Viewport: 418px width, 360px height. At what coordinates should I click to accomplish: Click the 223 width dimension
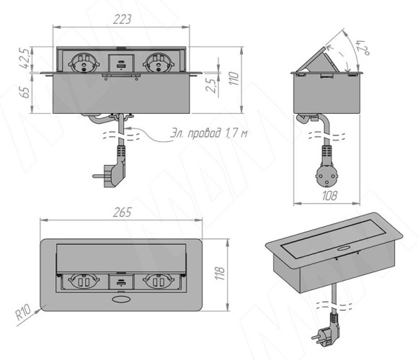click(122, 19)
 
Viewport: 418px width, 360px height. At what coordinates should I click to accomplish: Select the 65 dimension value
click(26, 92)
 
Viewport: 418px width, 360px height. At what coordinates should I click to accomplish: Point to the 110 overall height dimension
click(234, 78)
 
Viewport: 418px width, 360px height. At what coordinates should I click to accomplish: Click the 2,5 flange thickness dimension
click(211, 85)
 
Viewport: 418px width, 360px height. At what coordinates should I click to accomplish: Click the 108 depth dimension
click(329, 196)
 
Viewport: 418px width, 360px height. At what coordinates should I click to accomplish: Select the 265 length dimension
click(123, 212)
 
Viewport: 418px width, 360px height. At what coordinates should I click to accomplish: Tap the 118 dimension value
click(221, 273)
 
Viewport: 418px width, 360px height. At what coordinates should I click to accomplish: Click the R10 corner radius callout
click(23, 312)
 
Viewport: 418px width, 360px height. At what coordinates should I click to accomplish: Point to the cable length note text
click(208, 133)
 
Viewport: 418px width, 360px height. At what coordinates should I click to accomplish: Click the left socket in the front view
click(84, 63)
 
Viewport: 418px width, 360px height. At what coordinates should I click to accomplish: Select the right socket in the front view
click(159, 63)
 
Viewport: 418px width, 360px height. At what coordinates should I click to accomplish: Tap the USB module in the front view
click(121, 63)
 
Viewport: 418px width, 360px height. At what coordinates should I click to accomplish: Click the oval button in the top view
click(120, 300)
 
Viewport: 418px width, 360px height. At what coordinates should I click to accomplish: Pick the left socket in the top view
click(84, 282)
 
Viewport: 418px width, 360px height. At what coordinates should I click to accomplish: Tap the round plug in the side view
click(326, 177)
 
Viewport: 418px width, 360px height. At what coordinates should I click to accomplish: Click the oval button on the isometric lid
click(344, 249)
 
